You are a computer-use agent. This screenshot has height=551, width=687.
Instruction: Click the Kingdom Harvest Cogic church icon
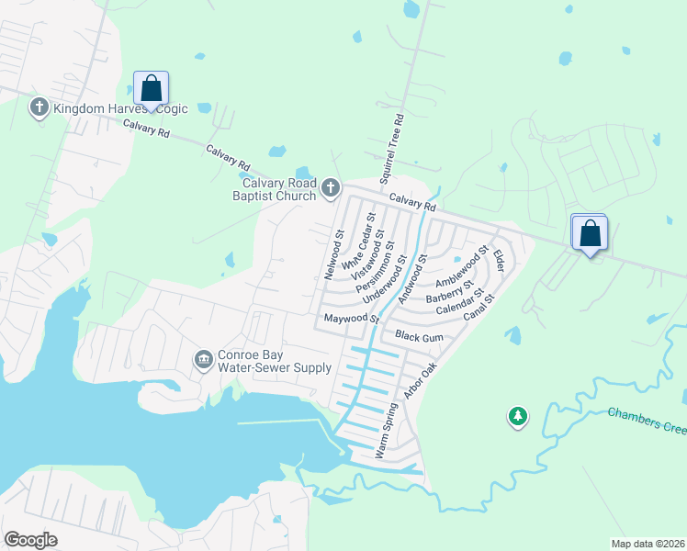point(39,108)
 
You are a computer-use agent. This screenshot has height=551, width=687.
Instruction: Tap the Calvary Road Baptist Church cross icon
point(331,190)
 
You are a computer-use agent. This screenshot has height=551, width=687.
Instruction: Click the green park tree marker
point(518,418)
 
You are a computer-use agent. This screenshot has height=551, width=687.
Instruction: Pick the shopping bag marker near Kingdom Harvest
point(151,88)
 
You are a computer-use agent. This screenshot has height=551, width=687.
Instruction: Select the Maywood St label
point(350,319)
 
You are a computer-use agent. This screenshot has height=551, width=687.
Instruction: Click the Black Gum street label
point(419,338)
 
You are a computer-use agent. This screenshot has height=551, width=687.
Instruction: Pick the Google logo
point(30,540)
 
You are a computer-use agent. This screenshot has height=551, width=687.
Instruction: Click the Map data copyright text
point(648,543)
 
